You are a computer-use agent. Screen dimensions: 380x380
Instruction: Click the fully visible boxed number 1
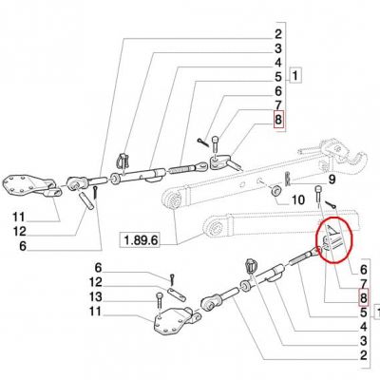(295, 75)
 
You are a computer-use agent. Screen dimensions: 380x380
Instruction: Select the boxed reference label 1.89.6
(140, 240)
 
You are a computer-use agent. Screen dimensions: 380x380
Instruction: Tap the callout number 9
(332, 180)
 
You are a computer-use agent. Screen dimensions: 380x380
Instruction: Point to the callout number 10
(297, 199)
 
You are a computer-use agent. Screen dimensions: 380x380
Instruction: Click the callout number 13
(95, 297)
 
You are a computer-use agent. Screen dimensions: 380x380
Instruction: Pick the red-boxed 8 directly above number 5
(363, 298)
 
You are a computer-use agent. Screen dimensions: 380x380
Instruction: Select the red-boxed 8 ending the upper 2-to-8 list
(278, 120)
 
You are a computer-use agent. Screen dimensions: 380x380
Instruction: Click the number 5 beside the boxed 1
(277, 77)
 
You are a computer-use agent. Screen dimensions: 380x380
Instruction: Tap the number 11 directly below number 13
(95, 312)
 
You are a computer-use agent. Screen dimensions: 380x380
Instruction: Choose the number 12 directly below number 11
(19, 232)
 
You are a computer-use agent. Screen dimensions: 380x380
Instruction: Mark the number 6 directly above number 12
(99, 268)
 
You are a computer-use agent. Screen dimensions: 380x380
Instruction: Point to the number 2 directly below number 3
(363, 355)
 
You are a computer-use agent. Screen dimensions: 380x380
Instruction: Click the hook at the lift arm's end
(356, 161)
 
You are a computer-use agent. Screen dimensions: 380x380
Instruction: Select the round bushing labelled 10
(275, 191)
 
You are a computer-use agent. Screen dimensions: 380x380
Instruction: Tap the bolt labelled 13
(159, 301)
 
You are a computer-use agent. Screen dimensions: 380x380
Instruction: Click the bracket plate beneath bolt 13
(174, 320)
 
